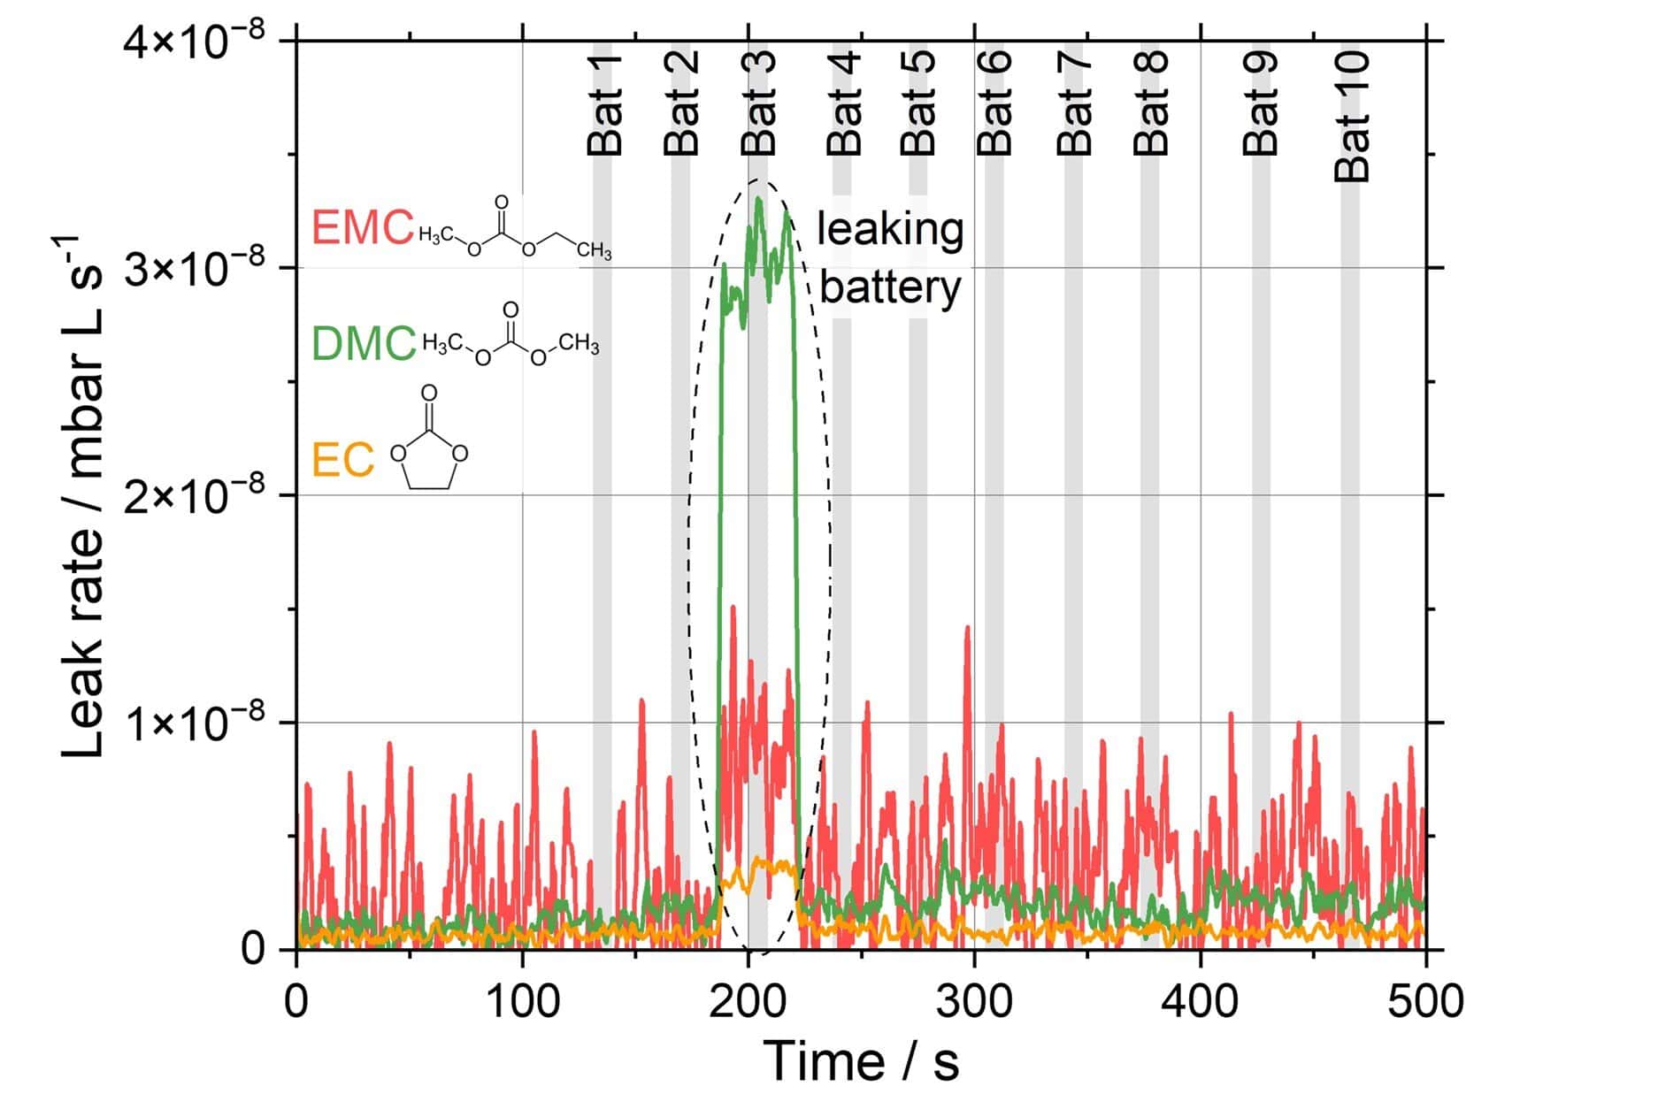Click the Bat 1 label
[x=605, y=104]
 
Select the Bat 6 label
[x=994, y=103]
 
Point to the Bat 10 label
[x=1353, y=116]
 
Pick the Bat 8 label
[x=1152, y=103]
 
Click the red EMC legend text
[x=363, y=227]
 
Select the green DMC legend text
[x=364, y=343]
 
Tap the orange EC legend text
[x=342, y=460]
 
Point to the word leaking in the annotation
[x=889, y=229]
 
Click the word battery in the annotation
[x=890, y=287]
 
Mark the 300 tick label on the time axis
[x=975, y=1002]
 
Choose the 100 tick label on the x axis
[x=523, y=1002]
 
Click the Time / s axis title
[x=860, y=1060]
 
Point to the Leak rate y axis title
[x=84, y=495]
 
